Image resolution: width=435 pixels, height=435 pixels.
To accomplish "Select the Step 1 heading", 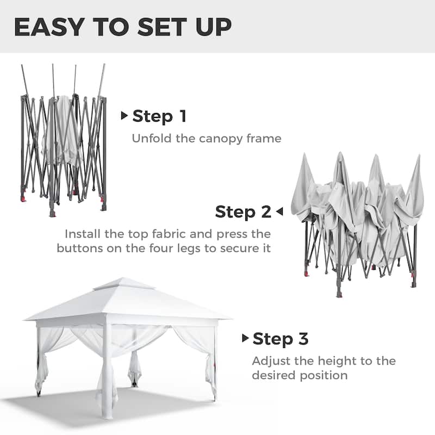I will point(159,116).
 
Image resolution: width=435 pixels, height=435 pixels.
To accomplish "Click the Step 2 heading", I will point(243,212).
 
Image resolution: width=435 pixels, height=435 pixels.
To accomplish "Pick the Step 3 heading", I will point(281,339).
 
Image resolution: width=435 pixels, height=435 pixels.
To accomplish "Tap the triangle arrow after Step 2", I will point(279,212).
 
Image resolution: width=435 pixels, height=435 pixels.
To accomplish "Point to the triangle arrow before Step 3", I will point(246,339).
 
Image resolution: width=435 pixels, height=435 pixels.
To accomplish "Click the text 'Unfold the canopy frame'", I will point(207,139).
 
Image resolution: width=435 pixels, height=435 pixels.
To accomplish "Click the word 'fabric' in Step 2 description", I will point(174,234).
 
